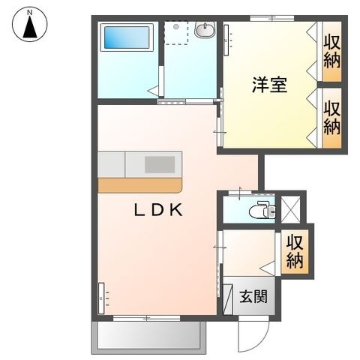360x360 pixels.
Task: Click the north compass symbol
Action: coord(30,24)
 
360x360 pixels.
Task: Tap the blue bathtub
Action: coord(127,37)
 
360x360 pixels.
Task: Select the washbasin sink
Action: coord(205,30)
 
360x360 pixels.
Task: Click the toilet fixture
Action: coord(262,209)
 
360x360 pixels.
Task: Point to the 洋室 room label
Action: coord(269,85)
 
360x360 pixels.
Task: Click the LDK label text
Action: coord(158,210)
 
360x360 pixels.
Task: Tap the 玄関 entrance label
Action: coord(253,297)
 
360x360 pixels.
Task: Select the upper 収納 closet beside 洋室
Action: coord(332,52)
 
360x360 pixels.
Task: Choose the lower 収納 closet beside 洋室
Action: coord(332,118)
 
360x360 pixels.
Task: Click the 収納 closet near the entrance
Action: coord(295,251)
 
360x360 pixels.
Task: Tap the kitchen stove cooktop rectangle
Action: coord(160,164)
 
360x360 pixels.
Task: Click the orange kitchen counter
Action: coord(140,185)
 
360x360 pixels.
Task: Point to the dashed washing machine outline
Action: coord(176,33)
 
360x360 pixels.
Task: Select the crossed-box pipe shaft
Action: coord(291,209)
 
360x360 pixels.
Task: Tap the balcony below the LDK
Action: coord(149,337)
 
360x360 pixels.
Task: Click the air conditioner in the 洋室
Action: coord(226,40)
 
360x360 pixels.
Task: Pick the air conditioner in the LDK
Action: coord(101,298)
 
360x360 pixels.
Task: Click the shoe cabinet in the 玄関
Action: coord(228,299)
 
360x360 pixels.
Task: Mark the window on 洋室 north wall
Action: coord(272,18)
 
